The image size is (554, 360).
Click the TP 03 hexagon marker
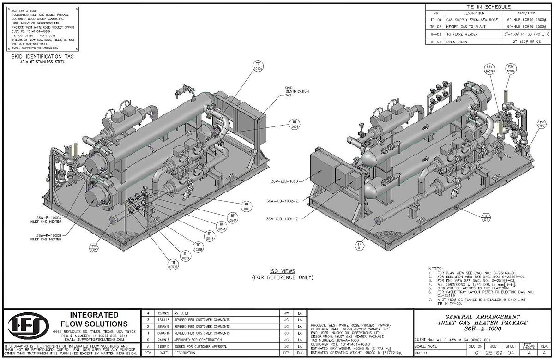tap(542, 124)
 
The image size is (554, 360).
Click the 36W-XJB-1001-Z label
tap(282, 218)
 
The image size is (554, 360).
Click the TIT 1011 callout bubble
tap(247, 206)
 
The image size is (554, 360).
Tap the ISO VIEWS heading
tap(282, 271)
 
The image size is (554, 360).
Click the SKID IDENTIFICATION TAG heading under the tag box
tap(42, 56)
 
